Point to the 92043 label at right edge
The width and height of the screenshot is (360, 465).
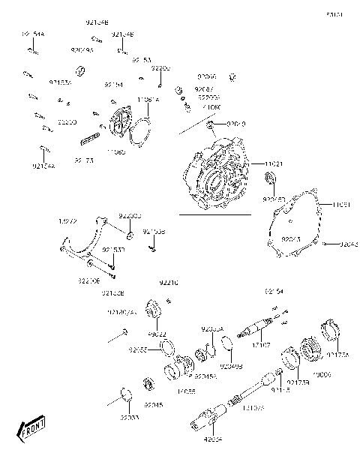[349, 244]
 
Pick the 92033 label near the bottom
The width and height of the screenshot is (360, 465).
[130, 417]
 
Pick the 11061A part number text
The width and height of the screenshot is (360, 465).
[147, 99]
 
